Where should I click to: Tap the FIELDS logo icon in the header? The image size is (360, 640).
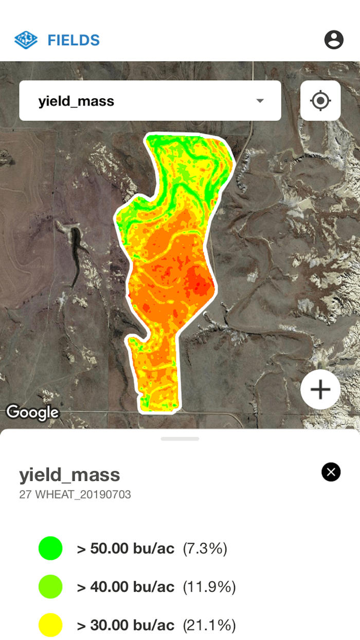coord(26,40)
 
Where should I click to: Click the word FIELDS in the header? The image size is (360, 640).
coord(74,40)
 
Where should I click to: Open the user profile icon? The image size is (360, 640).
coord(334,40)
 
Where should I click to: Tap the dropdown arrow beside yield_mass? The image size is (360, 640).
coord(260,101)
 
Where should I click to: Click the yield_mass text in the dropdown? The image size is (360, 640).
coord(76,101)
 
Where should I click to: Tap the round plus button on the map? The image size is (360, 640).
coord(320,389)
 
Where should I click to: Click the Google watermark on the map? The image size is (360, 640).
coord(32,412)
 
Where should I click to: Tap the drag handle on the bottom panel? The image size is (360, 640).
coord(180,439)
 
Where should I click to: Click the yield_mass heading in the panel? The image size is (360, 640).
coord(69,474)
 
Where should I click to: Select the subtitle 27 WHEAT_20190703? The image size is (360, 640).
coord(75,495)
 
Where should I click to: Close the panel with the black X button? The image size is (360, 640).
coord(331,472)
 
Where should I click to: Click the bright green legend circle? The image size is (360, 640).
coord(50,548)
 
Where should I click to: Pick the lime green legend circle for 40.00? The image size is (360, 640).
coord(50,586)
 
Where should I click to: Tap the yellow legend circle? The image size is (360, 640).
coord(50,625)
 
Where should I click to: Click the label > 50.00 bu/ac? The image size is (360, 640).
coord(125,548)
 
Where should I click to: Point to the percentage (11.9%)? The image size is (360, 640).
coord(209,587)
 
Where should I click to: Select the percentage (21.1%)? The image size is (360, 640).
coord(209,626)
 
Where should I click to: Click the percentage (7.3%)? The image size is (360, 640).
coord(205,548)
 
